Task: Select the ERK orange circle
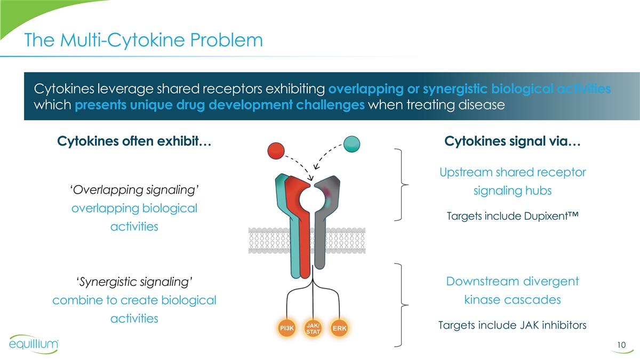coord(340,328)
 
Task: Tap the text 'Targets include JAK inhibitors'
coord(512,325)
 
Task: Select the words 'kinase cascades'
coord(512,300)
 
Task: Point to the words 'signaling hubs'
coord(513,190)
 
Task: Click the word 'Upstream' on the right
coord(467,172)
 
